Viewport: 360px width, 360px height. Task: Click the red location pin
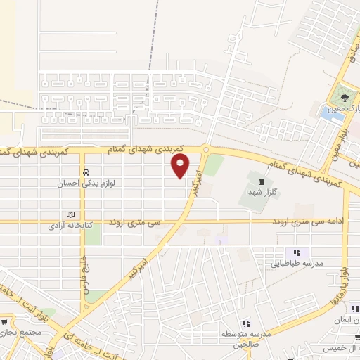[181, 166]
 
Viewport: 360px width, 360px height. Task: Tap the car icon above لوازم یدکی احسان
[85, 172]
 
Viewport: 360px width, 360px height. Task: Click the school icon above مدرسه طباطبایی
[297, 252]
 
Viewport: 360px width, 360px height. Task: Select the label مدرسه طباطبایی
[297, 264]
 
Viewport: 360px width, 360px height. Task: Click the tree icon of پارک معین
[344, 96]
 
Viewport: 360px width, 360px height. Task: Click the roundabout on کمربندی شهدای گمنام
[206, 149]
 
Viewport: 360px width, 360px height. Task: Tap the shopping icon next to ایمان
[356, 309]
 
